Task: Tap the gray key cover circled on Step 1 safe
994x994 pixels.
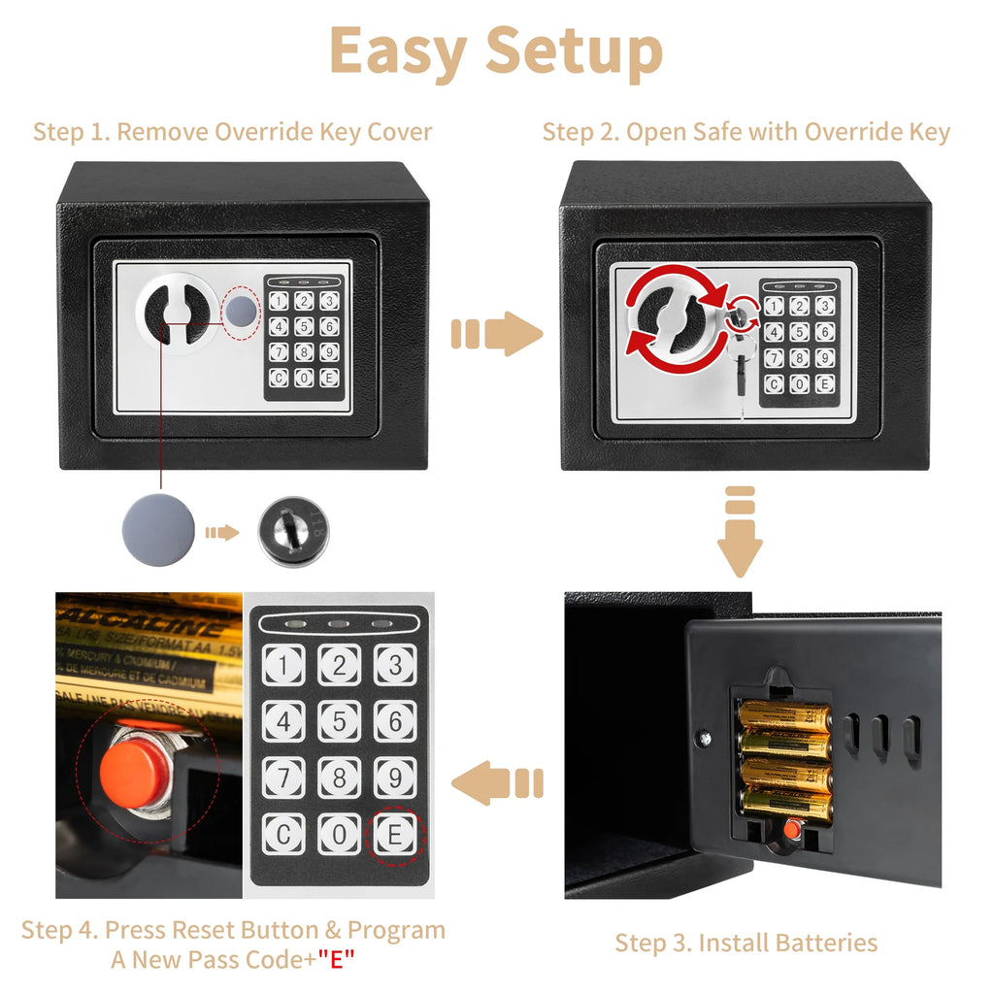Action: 242,310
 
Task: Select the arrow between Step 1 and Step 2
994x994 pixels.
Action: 497,335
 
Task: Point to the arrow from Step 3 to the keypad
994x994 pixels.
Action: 498,781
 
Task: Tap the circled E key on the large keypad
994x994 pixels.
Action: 395,834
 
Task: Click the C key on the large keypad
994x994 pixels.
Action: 282,834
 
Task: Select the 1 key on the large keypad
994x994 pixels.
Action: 282,665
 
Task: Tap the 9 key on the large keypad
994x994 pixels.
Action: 395,778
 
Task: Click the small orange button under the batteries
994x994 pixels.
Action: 791,831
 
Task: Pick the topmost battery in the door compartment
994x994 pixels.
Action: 784,717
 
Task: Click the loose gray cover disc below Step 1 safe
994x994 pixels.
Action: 158,531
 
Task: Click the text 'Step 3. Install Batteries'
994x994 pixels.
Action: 745,943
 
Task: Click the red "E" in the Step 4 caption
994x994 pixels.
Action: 336,960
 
